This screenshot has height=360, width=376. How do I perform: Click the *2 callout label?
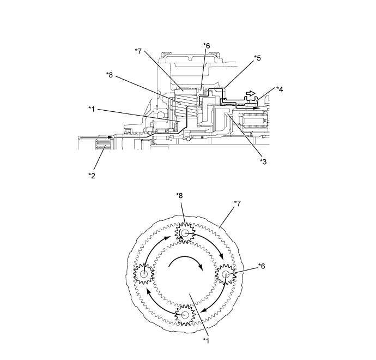tap(92, 176)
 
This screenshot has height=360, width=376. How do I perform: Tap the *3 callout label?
tap(263, 162)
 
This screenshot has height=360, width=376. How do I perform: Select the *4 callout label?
tap(280, 89)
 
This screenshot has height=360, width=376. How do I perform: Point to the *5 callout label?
tap(257, 58)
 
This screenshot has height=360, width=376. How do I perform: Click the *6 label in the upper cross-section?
tap(206, 46)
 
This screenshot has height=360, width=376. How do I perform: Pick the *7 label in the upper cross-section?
tap(138, 51)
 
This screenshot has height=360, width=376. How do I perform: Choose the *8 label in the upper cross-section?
tap(110, 75)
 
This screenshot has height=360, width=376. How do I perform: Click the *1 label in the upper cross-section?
tap(92, 109)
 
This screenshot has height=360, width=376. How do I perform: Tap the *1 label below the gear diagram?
tap(206, 340)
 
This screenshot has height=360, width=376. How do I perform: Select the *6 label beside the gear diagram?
tap(262, 266)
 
